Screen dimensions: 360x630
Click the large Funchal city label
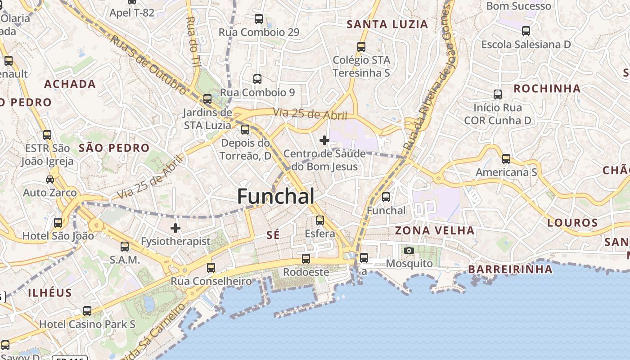(275, 197)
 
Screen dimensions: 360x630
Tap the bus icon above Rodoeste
(306, 259)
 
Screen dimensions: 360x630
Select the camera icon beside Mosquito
(409, 250)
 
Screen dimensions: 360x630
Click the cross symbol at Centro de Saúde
(324, 140)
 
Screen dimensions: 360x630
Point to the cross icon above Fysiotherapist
(175, 228)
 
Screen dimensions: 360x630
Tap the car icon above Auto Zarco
(50, 180)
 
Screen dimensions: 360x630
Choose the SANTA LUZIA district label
(387, 24)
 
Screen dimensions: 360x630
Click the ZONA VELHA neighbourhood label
(435, 231)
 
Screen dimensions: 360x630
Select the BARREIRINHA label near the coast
(510, 270)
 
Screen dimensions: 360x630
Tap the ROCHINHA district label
(547, 89)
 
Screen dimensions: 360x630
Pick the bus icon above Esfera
(320, 220)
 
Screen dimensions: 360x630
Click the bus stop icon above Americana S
(506, 159)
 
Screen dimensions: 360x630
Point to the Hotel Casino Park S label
(87, 324)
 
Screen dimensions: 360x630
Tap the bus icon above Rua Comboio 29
(259, 19)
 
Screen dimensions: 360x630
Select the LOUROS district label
(573, 223)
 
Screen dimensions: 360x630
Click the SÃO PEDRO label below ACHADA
(114, 148)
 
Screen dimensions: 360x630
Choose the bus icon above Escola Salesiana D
(526, 31)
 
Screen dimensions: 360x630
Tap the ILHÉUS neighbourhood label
(50, 293)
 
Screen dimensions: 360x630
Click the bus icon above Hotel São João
(58, 223)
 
